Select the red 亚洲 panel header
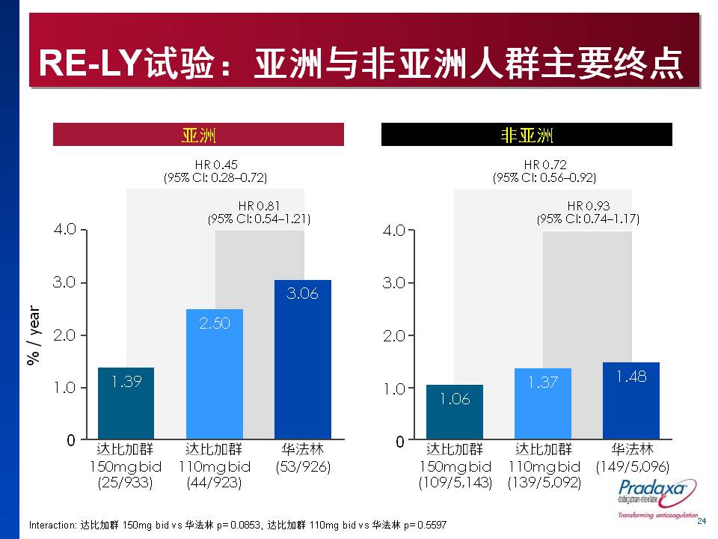(198, 135)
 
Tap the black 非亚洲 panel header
(527, 135)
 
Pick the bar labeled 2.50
(215, 374)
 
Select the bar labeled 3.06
(302, 359)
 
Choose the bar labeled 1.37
(543, 404)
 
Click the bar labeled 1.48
(631, 401)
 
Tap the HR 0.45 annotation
(215, 171)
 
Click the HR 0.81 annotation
(259, 212)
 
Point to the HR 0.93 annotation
(588, 212)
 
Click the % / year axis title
(33, 335)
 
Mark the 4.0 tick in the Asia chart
(66, 229)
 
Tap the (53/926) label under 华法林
(302, 466)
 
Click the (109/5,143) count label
(455, 484)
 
